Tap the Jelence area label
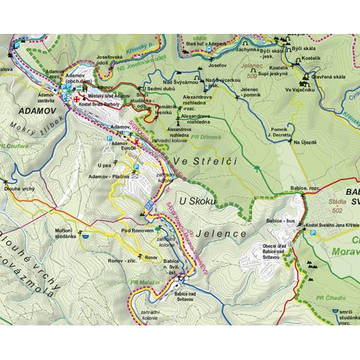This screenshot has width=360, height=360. (224, 233)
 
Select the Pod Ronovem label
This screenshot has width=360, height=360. (136, 230)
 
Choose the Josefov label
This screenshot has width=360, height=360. (216, 65)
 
